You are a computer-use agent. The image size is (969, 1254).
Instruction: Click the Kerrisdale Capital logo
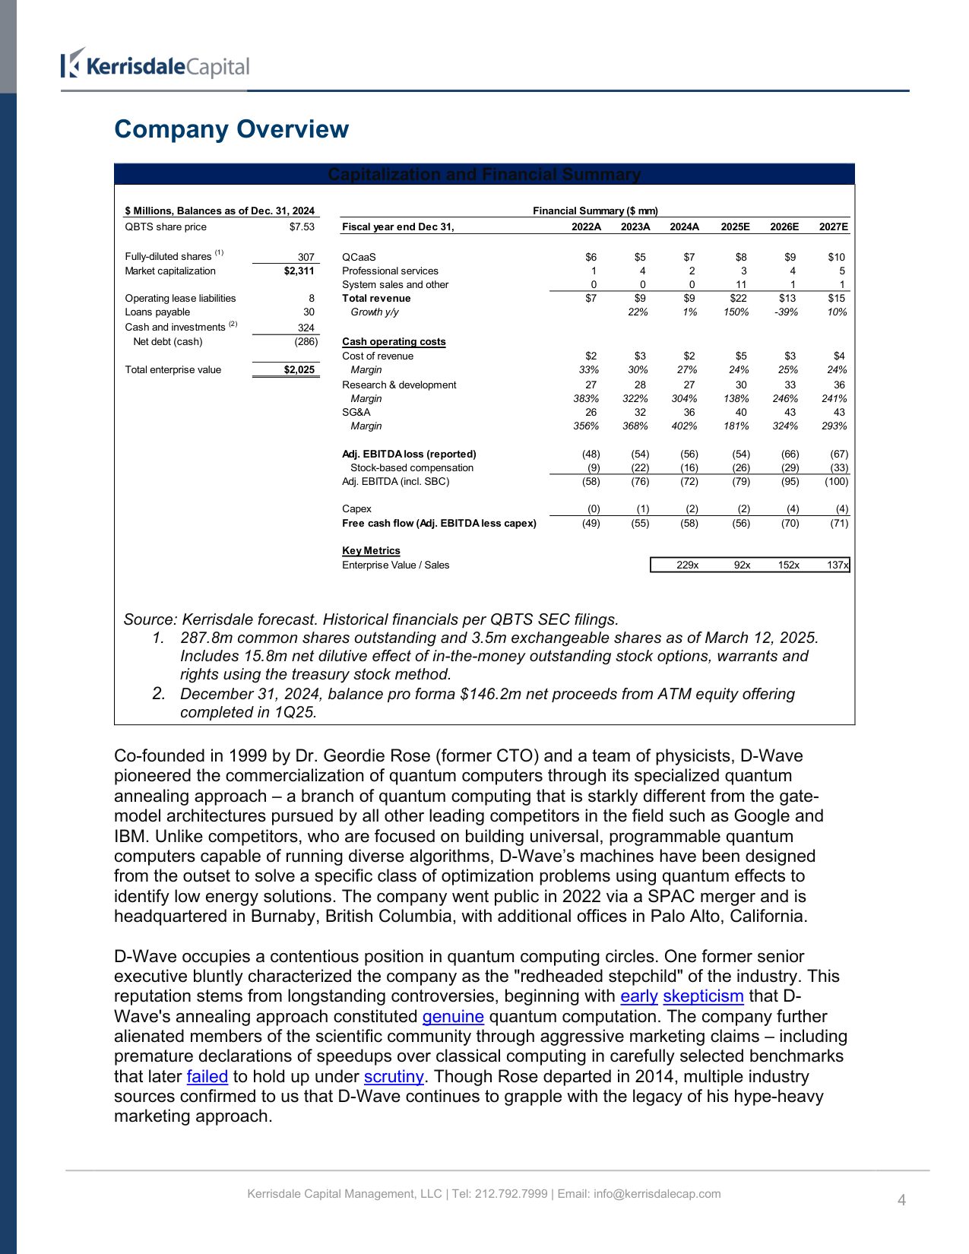coord(156,66)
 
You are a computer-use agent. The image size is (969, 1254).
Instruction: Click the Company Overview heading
coord(231,129)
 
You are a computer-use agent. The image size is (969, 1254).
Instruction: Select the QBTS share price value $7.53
coord(301,227)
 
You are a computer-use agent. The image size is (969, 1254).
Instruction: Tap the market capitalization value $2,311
coord(299,271)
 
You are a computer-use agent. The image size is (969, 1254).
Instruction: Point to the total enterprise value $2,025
coord(299,370)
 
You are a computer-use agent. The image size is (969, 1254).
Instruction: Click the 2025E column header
coord(735,227)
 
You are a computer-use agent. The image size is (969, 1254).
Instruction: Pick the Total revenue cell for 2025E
coord(738,299)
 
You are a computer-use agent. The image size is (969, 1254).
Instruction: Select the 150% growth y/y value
coord(736,312)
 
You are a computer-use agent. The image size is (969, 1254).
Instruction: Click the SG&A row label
coord(356,413)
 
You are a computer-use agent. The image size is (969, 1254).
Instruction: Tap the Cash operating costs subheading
coord(394,342)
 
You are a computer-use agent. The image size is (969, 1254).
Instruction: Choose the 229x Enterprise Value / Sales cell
coord(687,565)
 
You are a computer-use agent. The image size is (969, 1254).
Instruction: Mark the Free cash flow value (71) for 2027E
coord(839,524)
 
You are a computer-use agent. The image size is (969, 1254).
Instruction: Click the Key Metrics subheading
coord(371,551)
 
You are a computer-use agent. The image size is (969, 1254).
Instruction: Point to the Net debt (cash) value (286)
coord(306,342)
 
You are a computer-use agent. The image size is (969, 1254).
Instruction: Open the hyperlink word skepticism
coord(703,996)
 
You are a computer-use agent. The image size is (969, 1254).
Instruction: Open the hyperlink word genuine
coord(453,1017)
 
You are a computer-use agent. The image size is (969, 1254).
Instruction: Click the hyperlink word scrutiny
coord(394,1077)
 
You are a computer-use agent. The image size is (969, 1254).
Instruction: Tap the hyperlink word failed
coord(207,1077)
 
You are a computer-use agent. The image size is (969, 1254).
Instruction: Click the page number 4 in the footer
coord(901,1201)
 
